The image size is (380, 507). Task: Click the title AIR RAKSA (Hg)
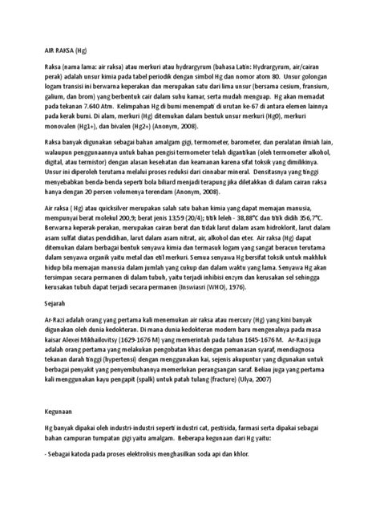pyautogui.click(x=45, y=48)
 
